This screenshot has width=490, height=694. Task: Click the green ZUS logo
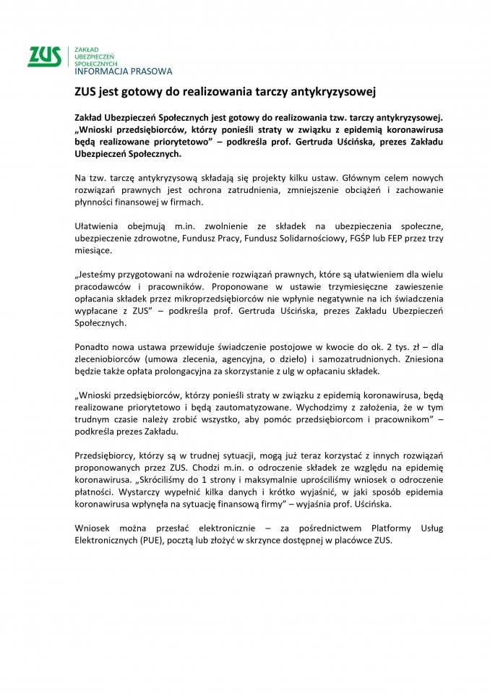[44, 56]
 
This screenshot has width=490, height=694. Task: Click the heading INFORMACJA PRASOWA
[124, 72]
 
